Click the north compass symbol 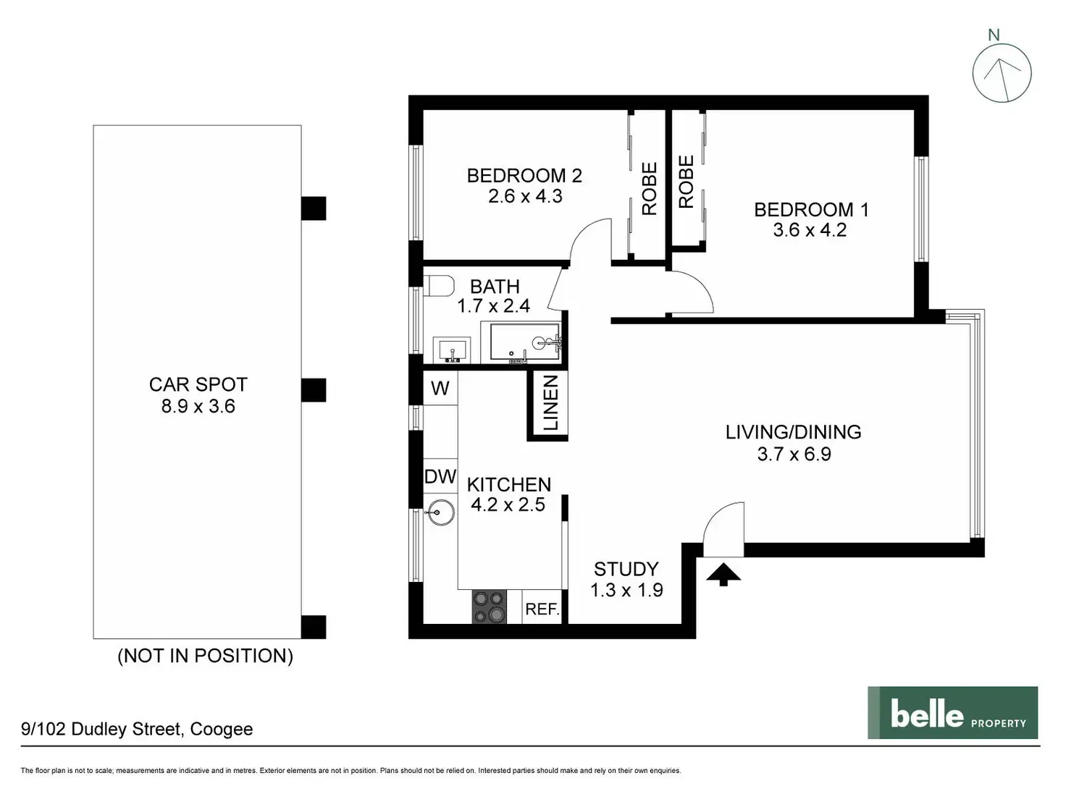click(x=1002, y=73)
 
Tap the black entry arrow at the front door click(x=723, y=574)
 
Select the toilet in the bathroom click(x=438, y=286)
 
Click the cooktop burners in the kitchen click(x=489, y=606)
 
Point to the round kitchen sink click(x=440, y=512)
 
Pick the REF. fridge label click(x=542, y=609)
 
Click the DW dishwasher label click(x=440, y=476)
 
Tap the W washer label click(x=440, y=388)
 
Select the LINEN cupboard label click(x=550, y=403)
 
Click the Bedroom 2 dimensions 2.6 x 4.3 click(x=525, y=196)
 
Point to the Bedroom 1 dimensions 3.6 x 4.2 click(x=810, y=230)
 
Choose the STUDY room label click(x=626, y=569)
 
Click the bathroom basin click(x=452, y=350)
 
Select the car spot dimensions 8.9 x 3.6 click(x=198, y=406)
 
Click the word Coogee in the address click(x=222, y=729)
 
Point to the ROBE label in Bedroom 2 click(x=650, y=188)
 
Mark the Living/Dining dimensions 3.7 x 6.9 click(x=794, y=454)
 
